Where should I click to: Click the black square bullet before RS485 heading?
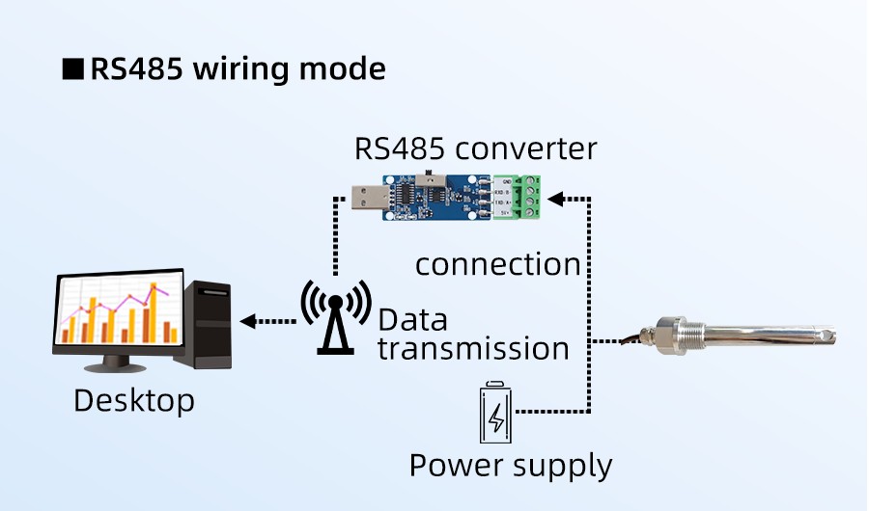pos(72,70)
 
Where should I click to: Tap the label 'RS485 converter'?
pos(475,149)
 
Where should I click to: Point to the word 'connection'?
pos(497,264)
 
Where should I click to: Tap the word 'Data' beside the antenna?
pos(412,320)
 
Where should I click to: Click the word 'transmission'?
pos(473,348)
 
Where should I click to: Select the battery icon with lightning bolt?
pos(496,412)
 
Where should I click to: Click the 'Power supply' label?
pos(511,466)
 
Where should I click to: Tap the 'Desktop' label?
pos(134,399)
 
